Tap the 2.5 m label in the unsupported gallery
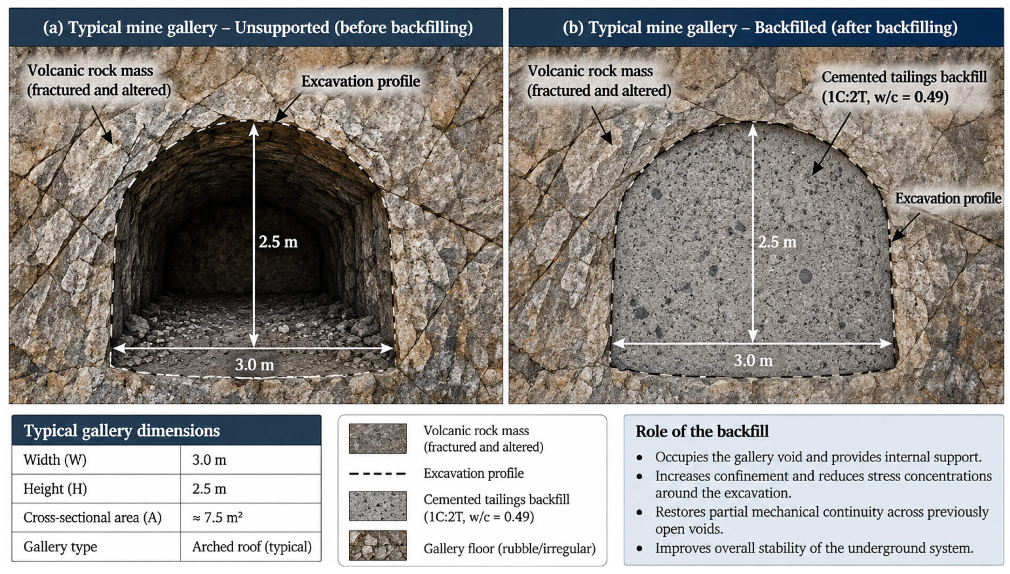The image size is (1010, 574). (278, 242)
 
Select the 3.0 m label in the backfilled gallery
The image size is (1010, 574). (753, 360)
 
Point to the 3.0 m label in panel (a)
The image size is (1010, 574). (254, 365)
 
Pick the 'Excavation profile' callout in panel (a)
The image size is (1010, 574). (360, 81)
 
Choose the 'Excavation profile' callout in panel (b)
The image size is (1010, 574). (948, 198)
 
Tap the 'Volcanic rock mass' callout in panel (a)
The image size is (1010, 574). (98, 80)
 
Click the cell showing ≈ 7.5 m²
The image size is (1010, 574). (217, 517)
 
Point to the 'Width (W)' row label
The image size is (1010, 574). (55, 460)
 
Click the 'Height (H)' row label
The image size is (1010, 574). (55, 489)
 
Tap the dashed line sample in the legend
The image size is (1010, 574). (377, 474)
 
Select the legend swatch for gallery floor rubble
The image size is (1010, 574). (378, 545)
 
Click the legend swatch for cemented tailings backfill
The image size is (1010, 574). (378, 506)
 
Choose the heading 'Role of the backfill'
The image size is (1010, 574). (702, 431)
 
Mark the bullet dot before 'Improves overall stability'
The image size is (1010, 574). (639, 548)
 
